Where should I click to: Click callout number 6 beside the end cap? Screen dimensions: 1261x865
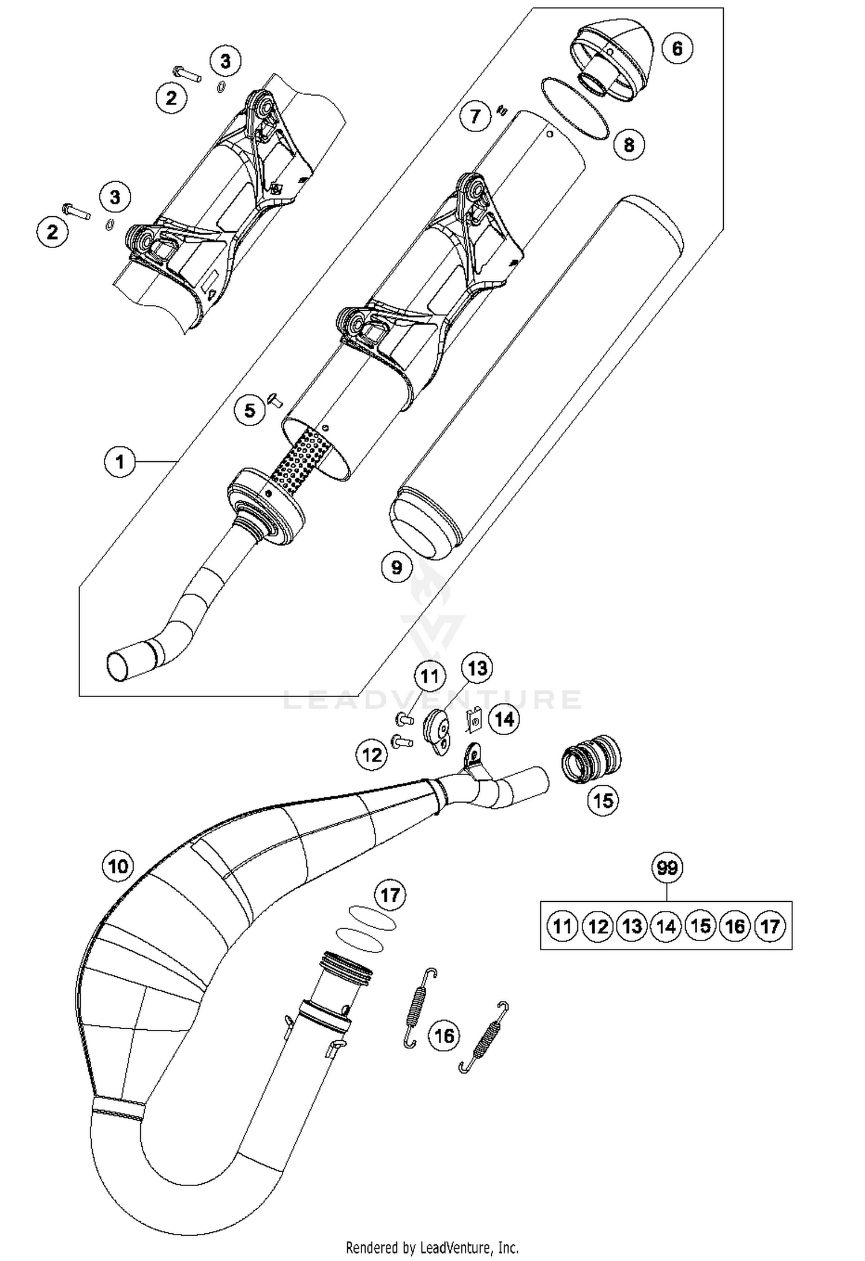tap(677, 48)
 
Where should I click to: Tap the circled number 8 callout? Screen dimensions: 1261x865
tap(629, 144)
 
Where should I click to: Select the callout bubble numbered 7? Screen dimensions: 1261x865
tap(475, 116)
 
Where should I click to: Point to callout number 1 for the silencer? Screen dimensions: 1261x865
tap(119, 461)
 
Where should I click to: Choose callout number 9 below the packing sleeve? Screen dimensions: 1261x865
tap(397, 567)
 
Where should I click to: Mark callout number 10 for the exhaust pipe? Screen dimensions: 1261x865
tap(118, 865)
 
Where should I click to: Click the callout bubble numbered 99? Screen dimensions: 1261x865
tap(667, 867)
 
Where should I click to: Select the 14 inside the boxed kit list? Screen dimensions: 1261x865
tap(666, 927)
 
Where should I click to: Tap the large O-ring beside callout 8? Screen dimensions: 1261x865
tap(575, 108)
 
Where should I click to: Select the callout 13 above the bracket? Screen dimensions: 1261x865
tap(477, 668)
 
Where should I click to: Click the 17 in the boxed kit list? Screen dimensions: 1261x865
tap(770, 927)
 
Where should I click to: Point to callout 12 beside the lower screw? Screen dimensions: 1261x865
tap(372, 754)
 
